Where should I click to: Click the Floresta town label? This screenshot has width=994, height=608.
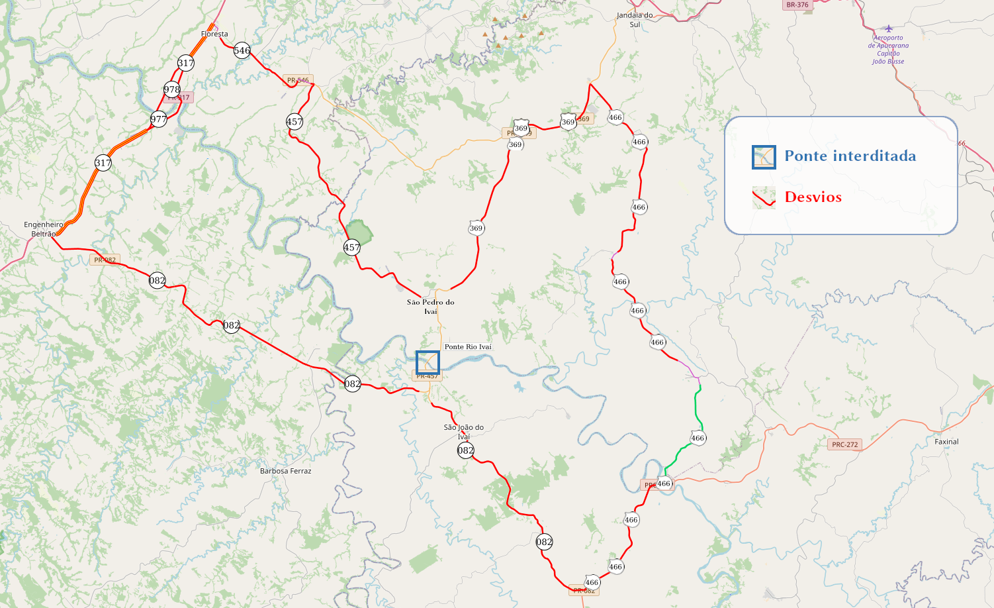click(214, 34)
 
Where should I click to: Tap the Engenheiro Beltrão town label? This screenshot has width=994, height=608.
click(44, 229)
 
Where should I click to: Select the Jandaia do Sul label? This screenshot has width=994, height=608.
click(635, 20)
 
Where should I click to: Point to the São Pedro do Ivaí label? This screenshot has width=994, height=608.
click(431, 307)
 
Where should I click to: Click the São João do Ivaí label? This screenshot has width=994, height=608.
click(463, 432)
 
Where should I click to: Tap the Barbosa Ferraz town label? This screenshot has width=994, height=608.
click(285, 471)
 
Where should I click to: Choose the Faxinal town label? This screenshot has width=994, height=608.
click(946, 442)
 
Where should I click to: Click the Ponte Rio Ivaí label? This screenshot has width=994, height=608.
click(468, 347)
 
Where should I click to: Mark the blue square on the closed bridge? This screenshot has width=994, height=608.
click(428, 363)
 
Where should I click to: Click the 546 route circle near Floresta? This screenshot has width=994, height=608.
click(242, 50)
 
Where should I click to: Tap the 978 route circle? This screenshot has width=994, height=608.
click(172, 89)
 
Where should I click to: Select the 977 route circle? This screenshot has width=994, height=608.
click(158, 119)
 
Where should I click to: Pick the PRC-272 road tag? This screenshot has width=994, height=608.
click(844, 444)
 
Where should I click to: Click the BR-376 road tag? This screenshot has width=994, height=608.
click(797, 5)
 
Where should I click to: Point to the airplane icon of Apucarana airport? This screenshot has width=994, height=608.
click(888, 28)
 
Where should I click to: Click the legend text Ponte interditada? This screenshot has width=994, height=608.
click(850, 156)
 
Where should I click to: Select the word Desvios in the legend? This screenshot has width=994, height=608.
click(813, 197)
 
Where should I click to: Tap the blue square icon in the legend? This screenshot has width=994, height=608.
click(764, 157)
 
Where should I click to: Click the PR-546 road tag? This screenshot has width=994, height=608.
click(298, 80)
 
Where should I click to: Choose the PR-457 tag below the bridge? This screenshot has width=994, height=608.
click(427, 376)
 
